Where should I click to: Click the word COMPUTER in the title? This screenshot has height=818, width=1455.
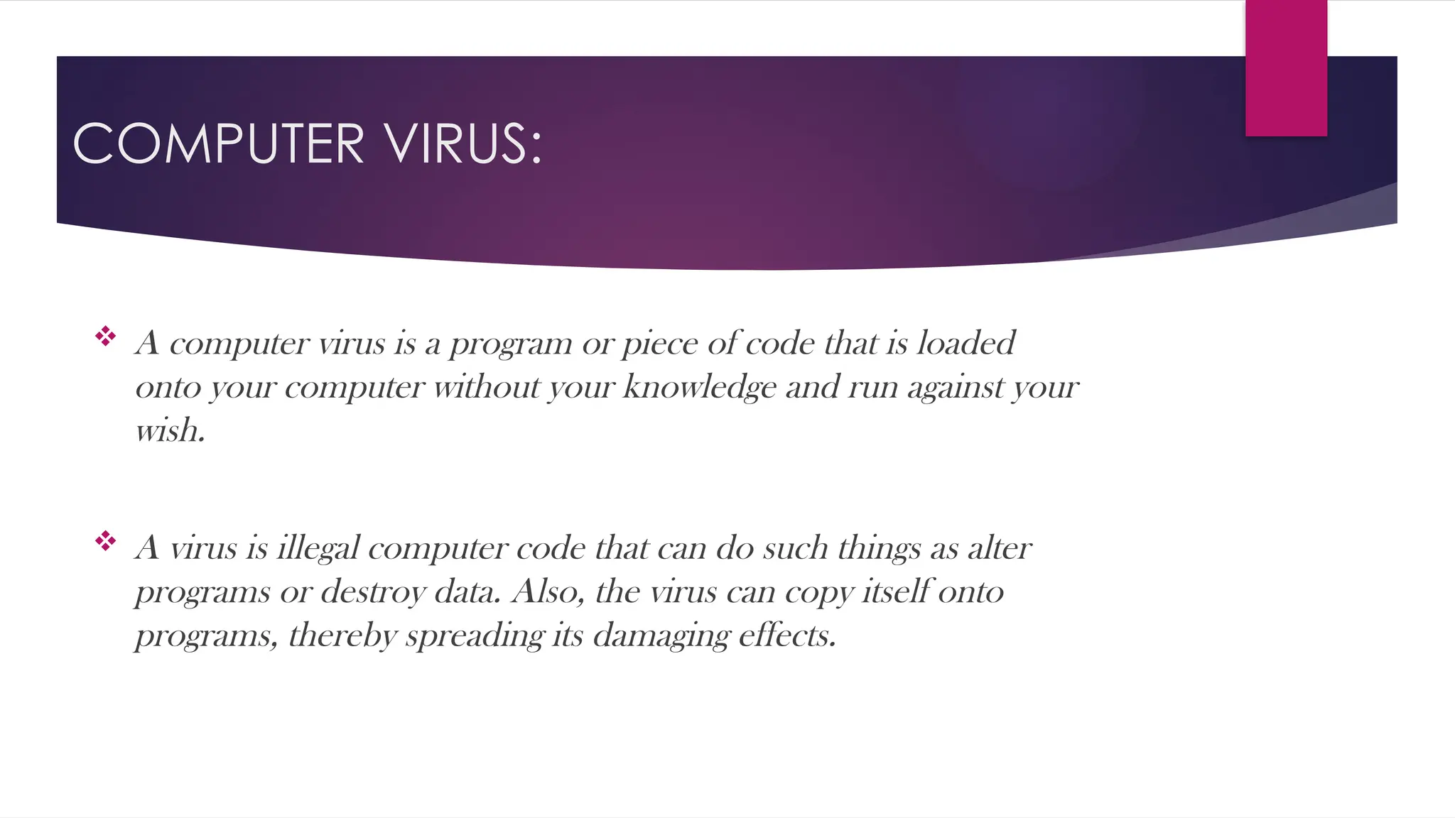point(219,143)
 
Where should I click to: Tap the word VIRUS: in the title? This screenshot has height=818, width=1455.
point(463,143)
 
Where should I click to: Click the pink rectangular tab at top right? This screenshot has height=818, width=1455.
point(1286,68)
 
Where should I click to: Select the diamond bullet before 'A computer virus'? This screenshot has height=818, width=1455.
point(105,336)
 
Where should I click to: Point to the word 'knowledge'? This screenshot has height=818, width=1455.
point(700,388)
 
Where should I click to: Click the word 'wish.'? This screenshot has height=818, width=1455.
point(171,430)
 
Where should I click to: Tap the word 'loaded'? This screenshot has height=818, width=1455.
point(966,344)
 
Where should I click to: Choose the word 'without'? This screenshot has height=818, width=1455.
point(487,388)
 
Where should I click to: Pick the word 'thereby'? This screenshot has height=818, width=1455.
point(342,636)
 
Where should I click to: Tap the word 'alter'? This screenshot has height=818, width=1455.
point(999,548)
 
